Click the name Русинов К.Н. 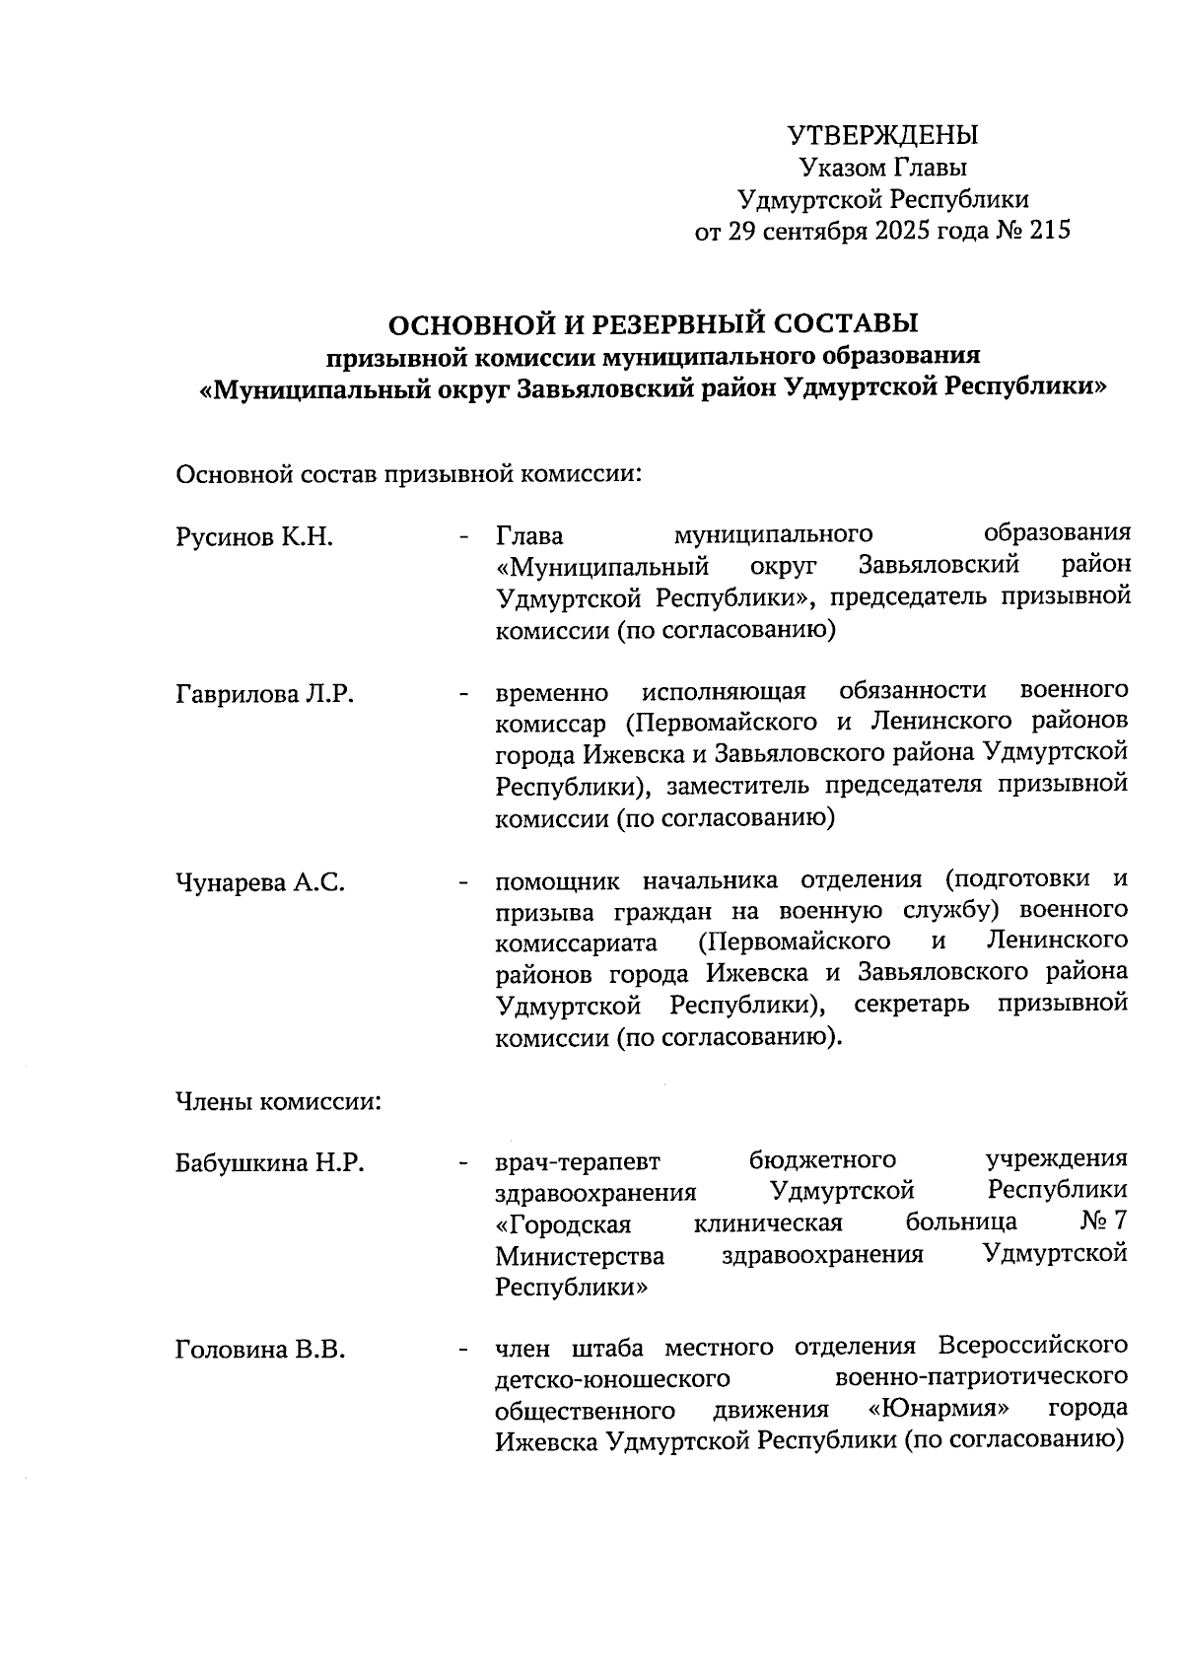pyautogui.click(x=254, y=537)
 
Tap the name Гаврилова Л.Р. pyautogui.click(x=264, y=694)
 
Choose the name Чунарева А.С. pyautogui.click(x=260, y=882)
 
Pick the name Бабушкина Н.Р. pyautogui.click(x=270, y=1163)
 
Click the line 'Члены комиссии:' pyautogui.click(x=278, y=1101)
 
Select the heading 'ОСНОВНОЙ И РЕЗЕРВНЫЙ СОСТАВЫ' pyautogui.click(x=651, y=323)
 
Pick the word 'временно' pyautogui.click(x=552, y=694)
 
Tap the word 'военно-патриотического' pyautogui.click(x=981, y=1377)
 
